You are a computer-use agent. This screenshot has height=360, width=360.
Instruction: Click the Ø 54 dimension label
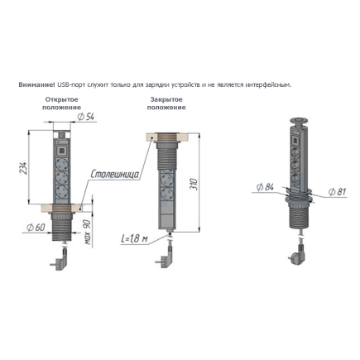click(85, 117)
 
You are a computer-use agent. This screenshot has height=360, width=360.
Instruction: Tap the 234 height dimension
click(24, 168)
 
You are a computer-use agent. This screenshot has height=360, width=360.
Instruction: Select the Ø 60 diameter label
click(36, 228)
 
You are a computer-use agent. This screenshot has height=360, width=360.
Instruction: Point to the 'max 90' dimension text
click(88, 233)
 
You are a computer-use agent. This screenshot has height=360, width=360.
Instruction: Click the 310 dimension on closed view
click(194, 184)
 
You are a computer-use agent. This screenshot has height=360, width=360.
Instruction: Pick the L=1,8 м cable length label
click(134, 239)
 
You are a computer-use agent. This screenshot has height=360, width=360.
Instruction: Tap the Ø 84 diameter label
click(265, 187)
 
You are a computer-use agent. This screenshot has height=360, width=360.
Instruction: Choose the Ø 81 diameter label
click(337, 191)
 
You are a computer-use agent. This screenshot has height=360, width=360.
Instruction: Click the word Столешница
click(115, 175)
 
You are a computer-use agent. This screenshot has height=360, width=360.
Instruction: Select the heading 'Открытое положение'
click(62, 103)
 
